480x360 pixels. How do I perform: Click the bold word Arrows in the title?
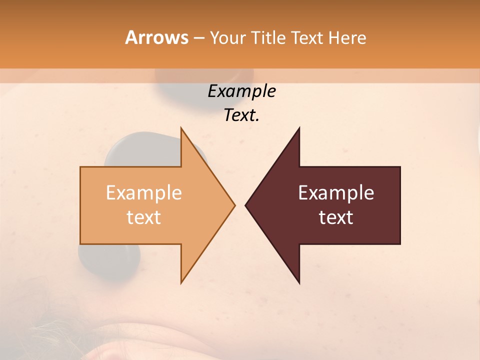click(x=156, y=37)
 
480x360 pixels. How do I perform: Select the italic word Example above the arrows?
click(x=241, y=91)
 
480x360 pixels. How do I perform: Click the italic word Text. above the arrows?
click(x=241, y=115)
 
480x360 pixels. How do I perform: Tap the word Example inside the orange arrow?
click(x=143, y=193)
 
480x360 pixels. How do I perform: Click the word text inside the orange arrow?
click(x=143, y=217)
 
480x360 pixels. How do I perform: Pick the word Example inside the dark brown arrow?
click(x=336, y=193)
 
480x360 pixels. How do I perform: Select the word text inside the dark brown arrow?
click(x=336, y=217)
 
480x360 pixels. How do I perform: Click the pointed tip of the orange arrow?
click(x=234, y=205)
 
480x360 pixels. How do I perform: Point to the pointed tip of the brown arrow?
click(x=246, y=205)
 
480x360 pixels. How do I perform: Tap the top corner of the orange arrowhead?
click(x=181, y=128)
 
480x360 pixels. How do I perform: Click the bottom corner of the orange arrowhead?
click(x=181, y=282)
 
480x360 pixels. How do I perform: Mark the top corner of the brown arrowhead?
click(x=299, y=128)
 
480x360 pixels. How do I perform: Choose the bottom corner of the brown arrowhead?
click(x=299, y=282)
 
